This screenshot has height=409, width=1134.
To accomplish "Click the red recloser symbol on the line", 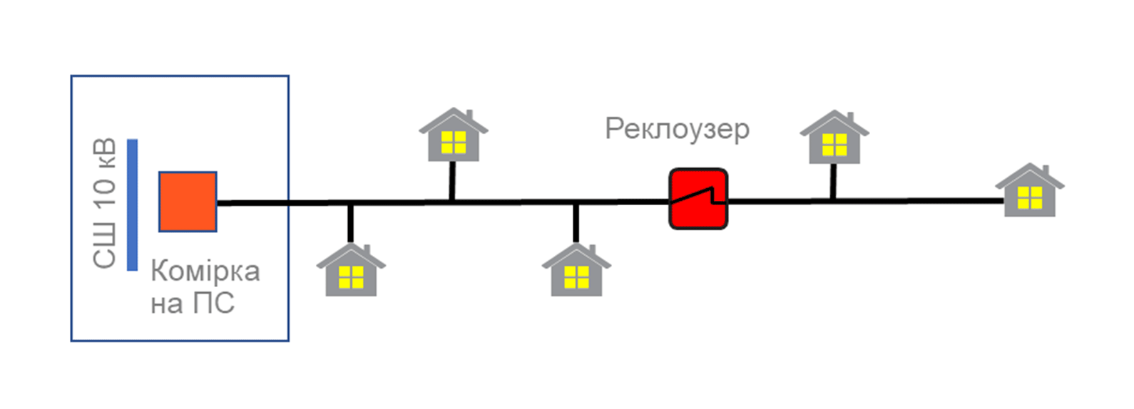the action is click(x=699, y=199).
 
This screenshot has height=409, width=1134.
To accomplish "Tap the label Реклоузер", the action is click(x=678, y=130).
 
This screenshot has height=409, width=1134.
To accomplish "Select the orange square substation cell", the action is click(x=188, y=202).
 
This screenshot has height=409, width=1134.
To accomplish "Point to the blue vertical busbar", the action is click(x=132, y=204).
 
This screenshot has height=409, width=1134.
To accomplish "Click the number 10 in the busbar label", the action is click(x=105, y=193).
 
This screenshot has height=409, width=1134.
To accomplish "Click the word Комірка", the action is click(x=205, y=271).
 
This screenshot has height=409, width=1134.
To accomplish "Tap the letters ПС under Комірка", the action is click(x=214, y=304).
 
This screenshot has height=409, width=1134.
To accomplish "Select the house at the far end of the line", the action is click(x=1030, y=190).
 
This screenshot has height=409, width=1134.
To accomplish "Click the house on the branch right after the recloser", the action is click(x=834, y=137).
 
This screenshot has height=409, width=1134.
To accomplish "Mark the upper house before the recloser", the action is click(x=453, y=135).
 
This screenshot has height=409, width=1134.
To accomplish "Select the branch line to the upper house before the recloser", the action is click(x=452, y=180).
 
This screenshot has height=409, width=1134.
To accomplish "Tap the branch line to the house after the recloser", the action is click(x=833, y=182).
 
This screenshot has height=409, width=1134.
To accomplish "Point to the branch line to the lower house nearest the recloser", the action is click(x=576, y=224).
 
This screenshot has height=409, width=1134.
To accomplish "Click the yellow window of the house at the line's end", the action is click(x=1030, y=197).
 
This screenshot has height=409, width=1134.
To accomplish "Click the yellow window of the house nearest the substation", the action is click(x=351, y=277).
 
